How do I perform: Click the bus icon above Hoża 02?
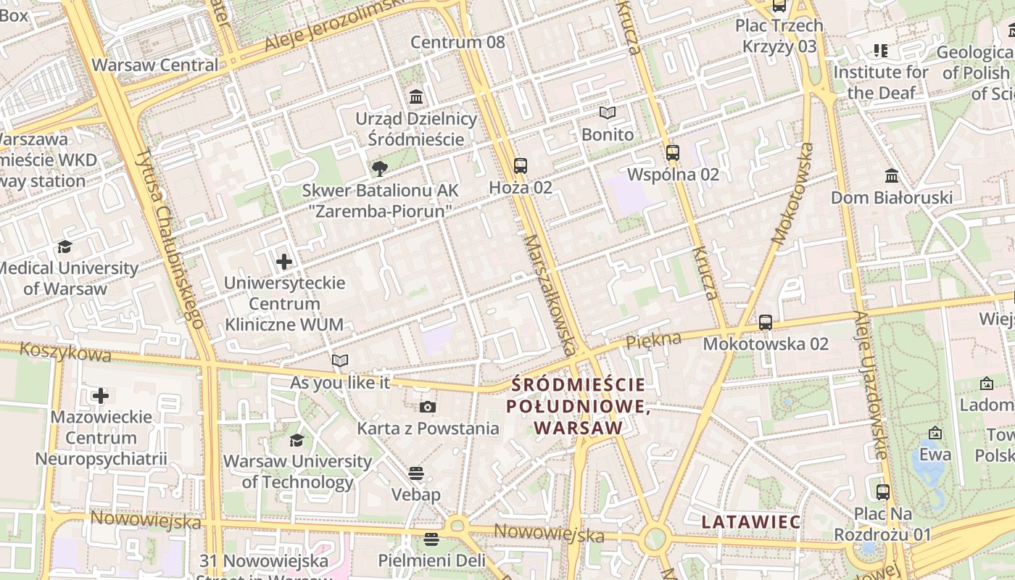click(520, 165)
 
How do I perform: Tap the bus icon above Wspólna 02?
click(673, 152)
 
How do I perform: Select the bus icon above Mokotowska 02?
click(765, 322)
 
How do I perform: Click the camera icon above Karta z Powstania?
click(428, 407)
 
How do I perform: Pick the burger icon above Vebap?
click(415, 473)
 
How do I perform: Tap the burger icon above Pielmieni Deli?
click(431, 539)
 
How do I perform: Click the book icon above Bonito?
click(608, 113)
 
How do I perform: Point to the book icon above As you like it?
click(340, 360)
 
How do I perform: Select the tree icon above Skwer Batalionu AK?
click(379, 169)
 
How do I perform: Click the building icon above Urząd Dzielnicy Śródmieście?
click(416, 96)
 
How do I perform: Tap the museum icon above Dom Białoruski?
click(892, 175)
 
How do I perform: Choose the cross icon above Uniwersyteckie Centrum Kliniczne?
click(284, 261)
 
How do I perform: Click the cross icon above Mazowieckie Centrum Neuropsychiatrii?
click(101, 396)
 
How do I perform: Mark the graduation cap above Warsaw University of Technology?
click(297, 440)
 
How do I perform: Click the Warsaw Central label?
click(154, 65)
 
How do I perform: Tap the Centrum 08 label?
click(457, 42)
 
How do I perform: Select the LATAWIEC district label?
click(751, 522)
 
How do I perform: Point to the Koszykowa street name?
click(66, 352)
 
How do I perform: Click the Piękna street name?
click(653, 339)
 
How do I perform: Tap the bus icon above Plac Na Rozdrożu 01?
click(882, 492)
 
